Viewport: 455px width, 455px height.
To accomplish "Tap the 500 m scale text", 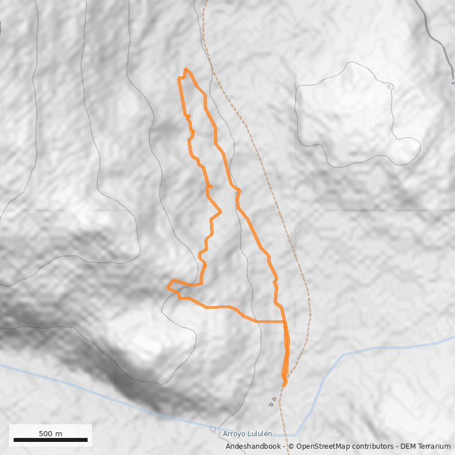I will click(51, 433).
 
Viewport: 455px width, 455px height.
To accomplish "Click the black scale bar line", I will click(51, 440).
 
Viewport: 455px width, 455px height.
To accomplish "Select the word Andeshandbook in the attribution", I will click(253, 446).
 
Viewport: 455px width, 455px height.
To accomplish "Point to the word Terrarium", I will click(433, 446).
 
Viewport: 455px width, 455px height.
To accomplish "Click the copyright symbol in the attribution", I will click(291, 446).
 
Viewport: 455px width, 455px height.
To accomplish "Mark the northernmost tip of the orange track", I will click(185, 69).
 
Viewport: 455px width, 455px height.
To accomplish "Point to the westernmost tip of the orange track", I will click(168, 288).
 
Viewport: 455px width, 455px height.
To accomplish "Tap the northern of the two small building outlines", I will click(275, 399).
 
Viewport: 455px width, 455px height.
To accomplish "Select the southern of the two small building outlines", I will click(271, 405).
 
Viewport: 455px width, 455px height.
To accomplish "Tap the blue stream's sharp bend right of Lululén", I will click(296, 435).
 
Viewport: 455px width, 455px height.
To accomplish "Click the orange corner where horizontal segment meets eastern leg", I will click(284, 322).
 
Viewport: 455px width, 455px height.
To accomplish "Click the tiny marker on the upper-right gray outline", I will click(389, 86).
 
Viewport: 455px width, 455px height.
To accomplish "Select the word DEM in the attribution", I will click(405, 446).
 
